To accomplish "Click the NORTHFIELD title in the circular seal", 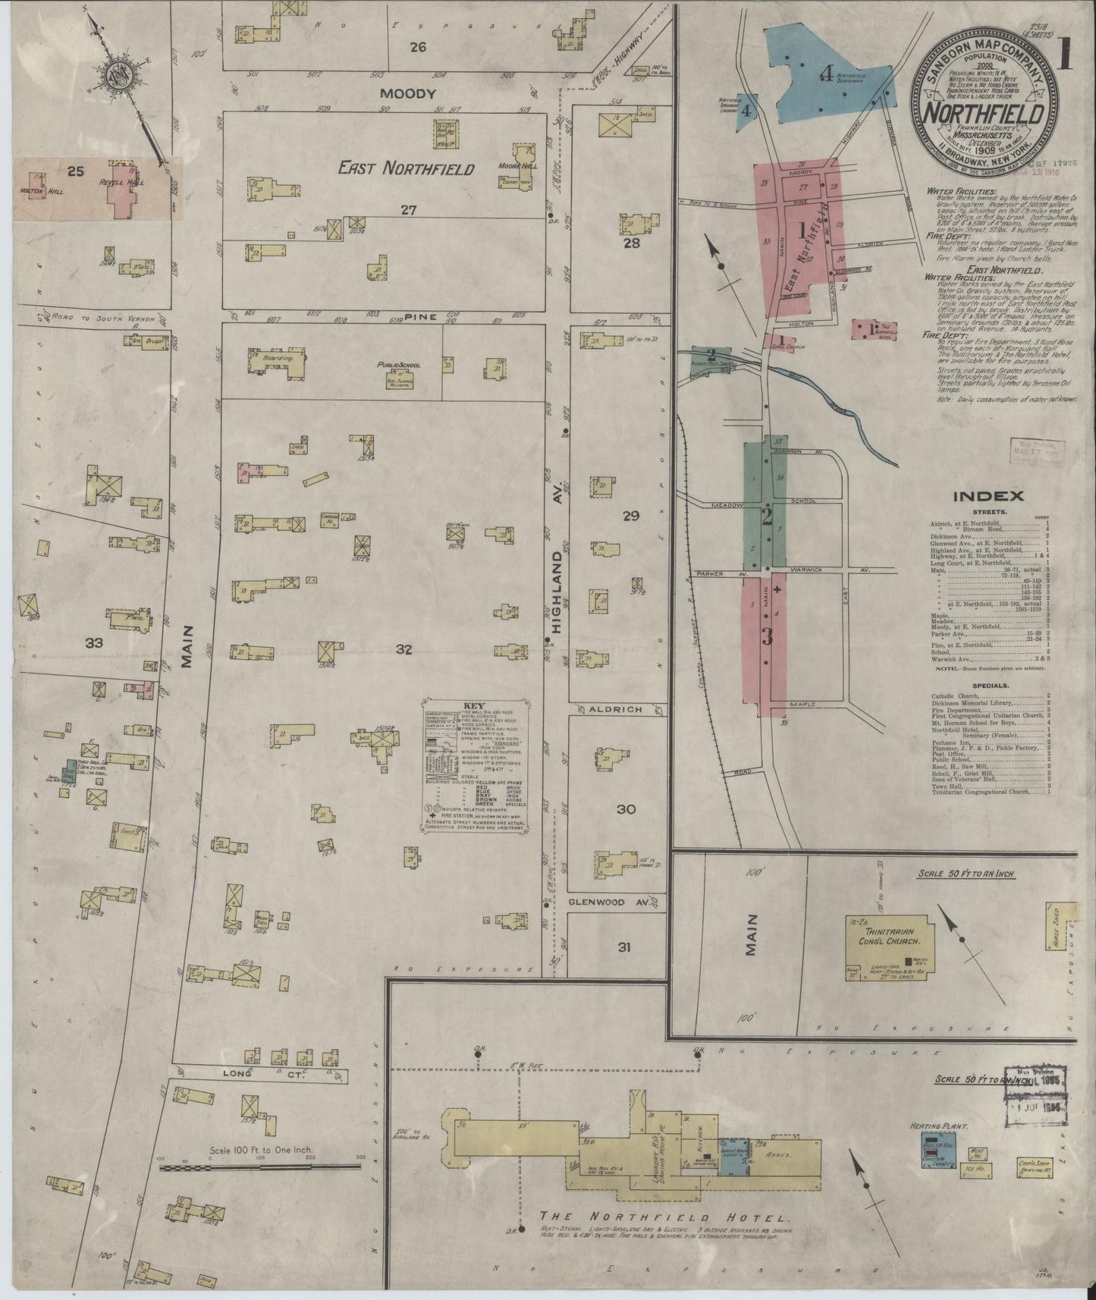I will pyautogui.click(x=986, y=115).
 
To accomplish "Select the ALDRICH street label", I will pyautogui.click(x=615, y=708).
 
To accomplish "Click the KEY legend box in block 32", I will pyautogui.click(x=471, y=767).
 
